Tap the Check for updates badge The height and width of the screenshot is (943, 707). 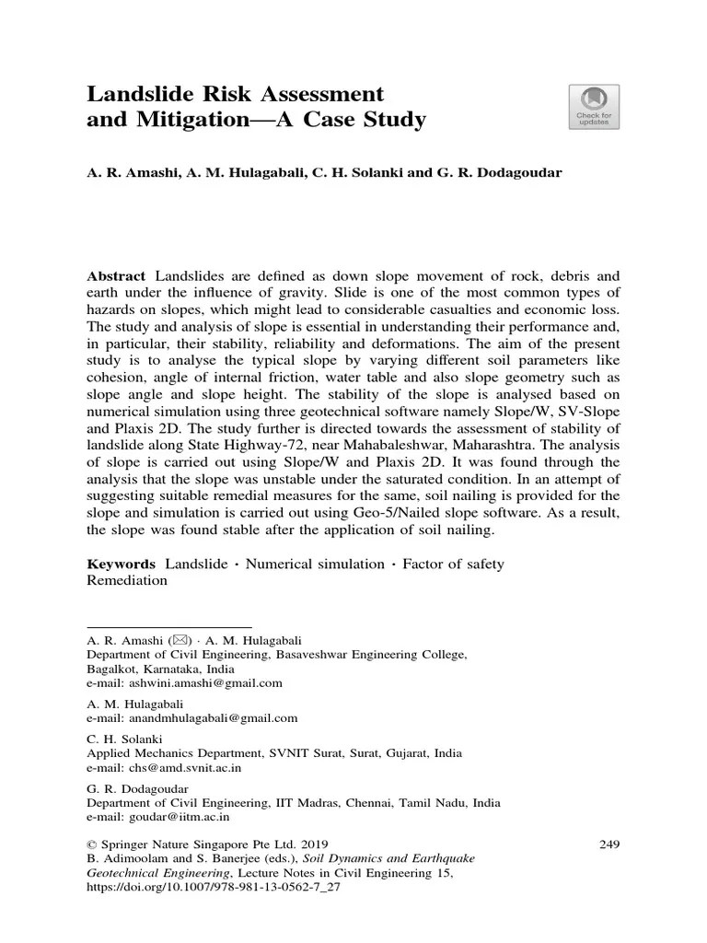click(x=596, y=107)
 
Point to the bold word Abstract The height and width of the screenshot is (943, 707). click(x=116, y=276)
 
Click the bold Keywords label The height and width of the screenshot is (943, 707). click(x=122, y=564)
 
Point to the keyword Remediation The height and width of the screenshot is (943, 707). click(x=127, y=581)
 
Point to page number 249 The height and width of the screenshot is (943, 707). click(x=608, y=844)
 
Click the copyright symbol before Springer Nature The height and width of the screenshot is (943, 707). click(x=92, y=844)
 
